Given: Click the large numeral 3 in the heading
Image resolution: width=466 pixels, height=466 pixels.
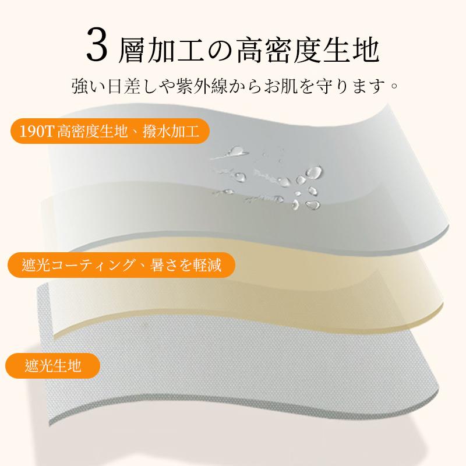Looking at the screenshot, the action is point(97,45).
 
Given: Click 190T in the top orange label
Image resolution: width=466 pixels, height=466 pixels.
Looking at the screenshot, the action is point(36,131).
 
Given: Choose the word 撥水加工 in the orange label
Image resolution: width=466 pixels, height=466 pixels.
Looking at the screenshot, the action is point(171,131).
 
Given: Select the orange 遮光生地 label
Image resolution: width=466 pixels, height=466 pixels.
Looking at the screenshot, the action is point(52,366).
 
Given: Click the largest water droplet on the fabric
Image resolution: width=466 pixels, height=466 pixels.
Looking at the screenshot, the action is point(314,172).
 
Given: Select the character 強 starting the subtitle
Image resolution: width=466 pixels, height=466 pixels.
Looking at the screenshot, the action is point(80,86).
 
